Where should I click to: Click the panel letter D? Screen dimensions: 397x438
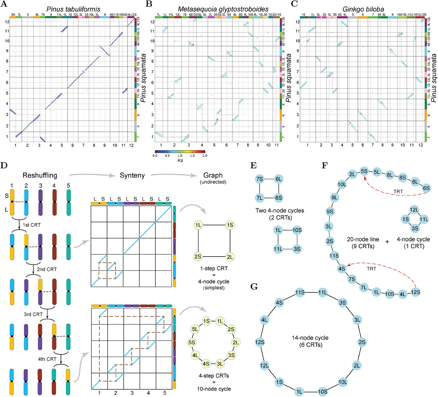click(4, 165)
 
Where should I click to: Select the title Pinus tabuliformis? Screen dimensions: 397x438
click(73, 9)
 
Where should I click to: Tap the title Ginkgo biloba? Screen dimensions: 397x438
click(363, 9)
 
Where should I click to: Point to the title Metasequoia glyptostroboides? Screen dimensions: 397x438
click(223, 9)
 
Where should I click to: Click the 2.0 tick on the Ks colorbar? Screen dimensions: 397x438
click(205, 155)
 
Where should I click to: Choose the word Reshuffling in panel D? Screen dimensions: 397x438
click(40, 175)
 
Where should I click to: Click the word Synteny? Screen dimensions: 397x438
click(132, 175)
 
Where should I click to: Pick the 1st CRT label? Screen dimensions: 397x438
click(31, 225)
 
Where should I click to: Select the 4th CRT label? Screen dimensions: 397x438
click(47, 359)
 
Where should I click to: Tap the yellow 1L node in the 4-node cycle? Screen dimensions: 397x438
click(198, 225)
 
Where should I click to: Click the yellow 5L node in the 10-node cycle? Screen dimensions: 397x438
click(195, 329)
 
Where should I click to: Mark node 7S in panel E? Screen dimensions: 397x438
click(260, 179)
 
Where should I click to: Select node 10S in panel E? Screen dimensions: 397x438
click(297, 230)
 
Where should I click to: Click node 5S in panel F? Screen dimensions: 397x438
click(364, 171)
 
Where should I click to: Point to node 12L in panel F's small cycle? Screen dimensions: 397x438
click(414, 210)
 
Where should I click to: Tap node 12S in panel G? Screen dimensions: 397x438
click(260, 342)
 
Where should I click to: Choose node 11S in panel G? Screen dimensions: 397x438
click(300, 292)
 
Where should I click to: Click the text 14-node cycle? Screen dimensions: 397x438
click(310, 338)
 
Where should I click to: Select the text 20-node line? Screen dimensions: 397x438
click(363, 239)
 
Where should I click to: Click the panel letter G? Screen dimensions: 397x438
click(254, 286)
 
